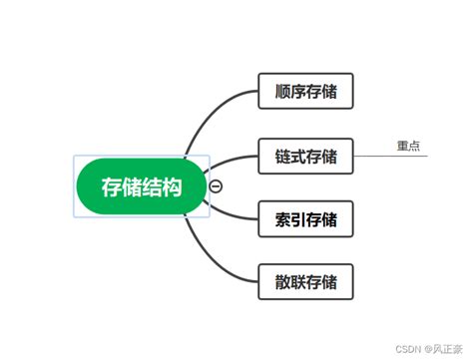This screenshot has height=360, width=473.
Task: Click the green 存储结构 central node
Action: pos(142,185)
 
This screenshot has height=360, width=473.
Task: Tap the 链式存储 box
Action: pos(306,157)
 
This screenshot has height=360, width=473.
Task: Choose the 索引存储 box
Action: pos(306,218)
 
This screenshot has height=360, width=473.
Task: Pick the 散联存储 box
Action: pos(306,281)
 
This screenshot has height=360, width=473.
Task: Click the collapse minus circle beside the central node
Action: pos(216,185)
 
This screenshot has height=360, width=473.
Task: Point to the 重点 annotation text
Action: pos(408,146)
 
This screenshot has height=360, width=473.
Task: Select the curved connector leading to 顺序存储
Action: pos(205,115)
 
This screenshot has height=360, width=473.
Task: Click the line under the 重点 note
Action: pos(399,157)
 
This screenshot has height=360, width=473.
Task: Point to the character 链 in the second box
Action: pos(282,157)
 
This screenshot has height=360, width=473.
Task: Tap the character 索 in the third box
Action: pos(282,218)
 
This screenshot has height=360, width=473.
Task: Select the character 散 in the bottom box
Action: pos(282,281)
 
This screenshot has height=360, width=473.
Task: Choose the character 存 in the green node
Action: pos(111,185)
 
